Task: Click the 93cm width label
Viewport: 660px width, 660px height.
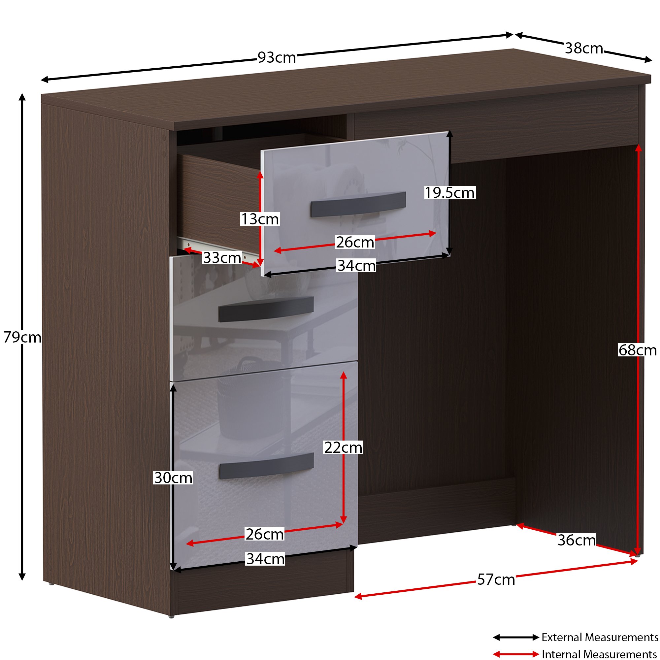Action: [277, 57]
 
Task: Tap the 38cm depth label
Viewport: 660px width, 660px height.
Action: [584, 48]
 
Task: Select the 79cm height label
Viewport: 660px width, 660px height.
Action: [22, 337]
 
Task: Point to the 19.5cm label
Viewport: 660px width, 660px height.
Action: [449, 193]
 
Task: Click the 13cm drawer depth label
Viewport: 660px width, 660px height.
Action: [260, 219]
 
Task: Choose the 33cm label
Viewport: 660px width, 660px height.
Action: [222, 258]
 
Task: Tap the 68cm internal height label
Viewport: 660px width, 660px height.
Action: [638, 350]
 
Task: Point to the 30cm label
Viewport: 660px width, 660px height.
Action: [173, 478]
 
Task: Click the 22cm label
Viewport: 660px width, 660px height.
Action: [343, 447]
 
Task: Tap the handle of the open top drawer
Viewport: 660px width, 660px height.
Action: [358, 204]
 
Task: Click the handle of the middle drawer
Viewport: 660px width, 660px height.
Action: [266, 309]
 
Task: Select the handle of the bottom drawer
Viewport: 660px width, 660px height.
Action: [266, 466]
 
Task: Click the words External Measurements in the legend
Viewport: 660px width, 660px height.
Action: [600, 637]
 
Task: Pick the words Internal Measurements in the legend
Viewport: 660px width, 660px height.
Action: [600, 654]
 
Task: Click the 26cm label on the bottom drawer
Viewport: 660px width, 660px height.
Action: [265, 534]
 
